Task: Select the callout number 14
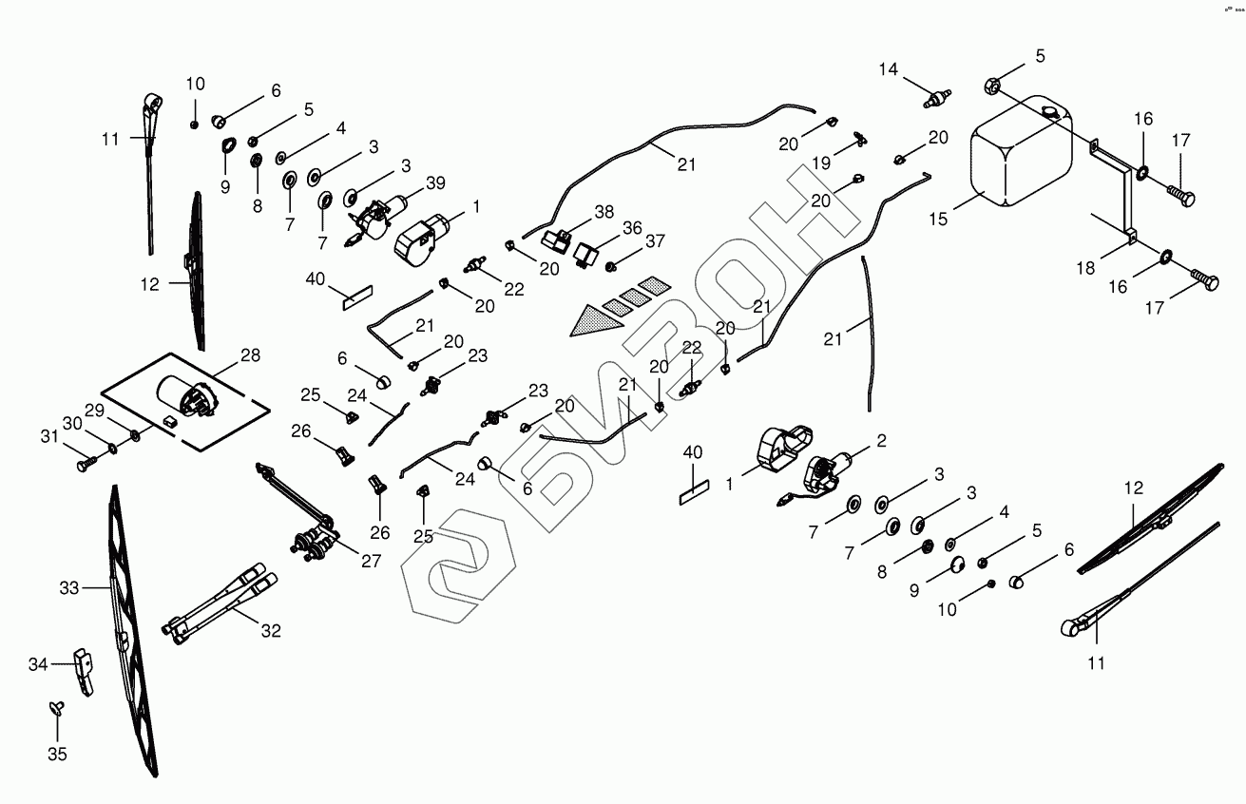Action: click(x=888, y=69)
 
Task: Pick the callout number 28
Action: click(x=249, y=354)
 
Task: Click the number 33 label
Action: click(x=69, y=588)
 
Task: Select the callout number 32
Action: click(x=271, y=630)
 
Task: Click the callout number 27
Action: click(x=370, y=561)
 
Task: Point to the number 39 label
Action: click(x=435, y=183)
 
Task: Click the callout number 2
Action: click(x=882, y=440)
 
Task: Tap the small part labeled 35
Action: click(x=55, y=706)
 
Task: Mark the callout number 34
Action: click(x=37, y=664)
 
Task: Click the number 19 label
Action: click(x=820, y=163)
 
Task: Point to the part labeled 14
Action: click(x=937, y=95)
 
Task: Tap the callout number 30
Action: click(x=73, y=423)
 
